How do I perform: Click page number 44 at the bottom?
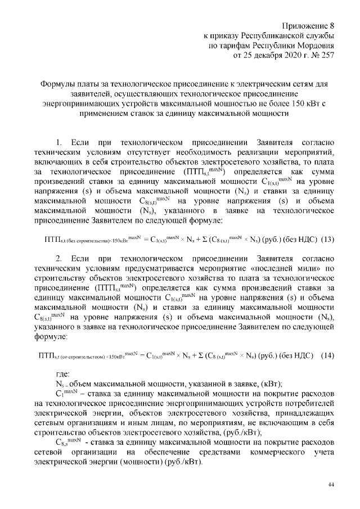click(x=331, y=484)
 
